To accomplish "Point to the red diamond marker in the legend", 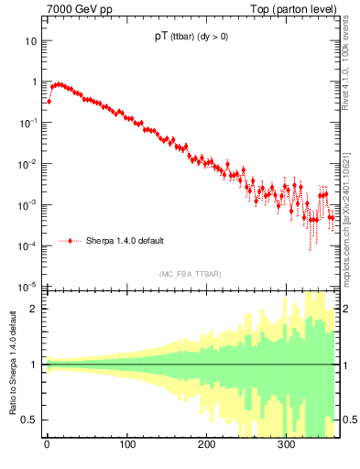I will coord(71,241).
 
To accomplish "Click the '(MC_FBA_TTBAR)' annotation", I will coord(190,274).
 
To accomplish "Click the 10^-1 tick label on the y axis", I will coord(27,123).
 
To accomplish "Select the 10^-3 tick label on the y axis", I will coord(27,205).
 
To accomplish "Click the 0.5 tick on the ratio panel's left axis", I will coord(29,420).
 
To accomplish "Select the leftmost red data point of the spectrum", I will coord(49,101).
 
